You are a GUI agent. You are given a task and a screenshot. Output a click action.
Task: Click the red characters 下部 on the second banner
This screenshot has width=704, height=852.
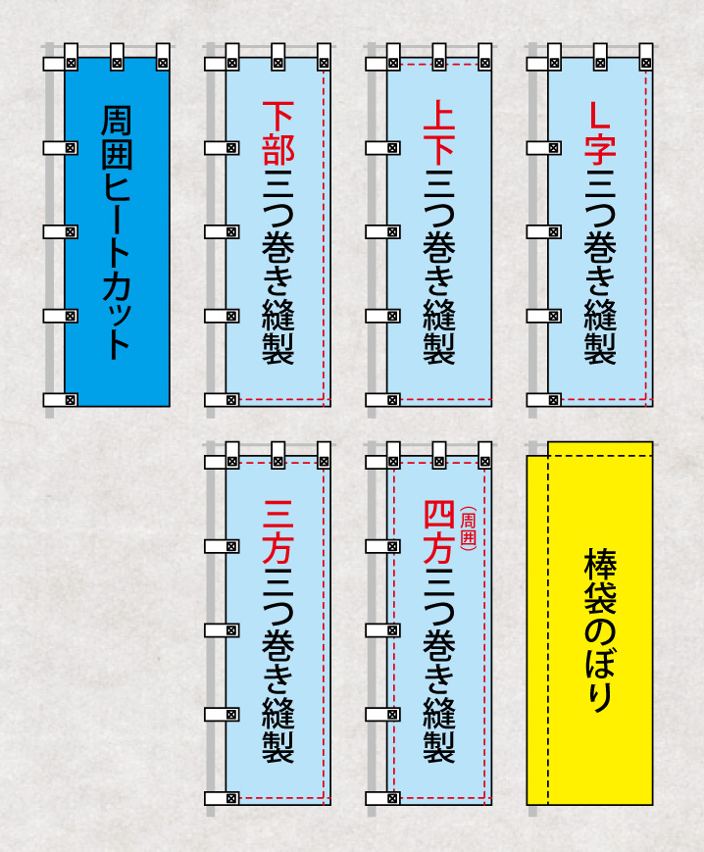coord(278,133)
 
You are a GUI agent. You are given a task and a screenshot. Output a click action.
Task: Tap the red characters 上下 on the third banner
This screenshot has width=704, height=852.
coord(439,133)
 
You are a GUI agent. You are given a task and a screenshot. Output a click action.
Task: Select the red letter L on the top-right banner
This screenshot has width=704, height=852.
coord(600,117)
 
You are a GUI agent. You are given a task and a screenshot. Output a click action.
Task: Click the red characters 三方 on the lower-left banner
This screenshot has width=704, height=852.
coord(278,532)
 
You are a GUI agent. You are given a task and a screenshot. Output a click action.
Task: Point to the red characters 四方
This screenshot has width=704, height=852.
coord(439,532)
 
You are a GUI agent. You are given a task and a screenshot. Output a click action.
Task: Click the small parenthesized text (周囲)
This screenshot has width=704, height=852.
coord(468,528)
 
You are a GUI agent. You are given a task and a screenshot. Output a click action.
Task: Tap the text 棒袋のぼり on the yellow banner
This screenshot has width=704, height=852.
coord(600,631)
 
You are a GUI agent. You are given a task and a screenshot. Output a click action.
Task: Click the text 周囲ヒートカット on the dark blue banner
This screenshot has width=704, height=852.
coord(117,232)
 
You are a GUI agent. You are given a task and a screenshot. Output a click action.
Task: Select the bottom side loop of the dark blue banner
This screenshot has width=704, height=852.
coord(60,400)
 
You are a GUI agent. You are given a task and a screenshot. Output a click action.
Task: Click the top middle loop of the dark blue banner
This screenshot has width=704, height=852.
coord(117,57)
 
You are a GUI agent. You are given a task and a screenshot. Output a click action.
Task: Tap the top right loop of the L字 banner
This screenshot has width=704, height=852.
coord(646,57)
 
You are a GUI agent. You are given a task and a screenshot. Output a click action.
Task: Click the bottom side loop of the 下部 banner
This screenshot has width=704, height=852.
coord(222,400)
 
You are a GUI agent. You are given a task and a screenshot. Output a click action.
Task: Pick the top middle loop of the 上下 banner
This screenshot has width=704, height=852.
coord(439,57)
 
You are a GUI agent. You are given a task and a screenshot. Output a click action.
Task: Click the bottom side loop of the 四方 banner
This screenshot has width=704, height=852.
coord(383,798)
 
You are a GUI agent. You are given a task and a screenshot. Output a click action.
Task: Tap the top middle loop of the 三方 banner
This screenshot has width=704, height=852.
coord(278,455)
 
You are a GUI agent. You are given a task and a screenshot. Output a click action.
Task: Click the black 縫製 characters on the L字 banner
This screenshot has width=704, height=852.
coord(600,331)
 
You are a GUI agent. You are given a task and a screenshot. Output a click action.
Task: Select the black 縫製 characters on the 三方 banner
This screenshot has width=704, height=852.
coord(278,729)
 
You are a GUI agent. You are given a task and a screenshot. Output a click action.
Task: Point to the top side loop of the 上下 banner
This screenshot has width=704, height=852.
coord(383,64)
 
